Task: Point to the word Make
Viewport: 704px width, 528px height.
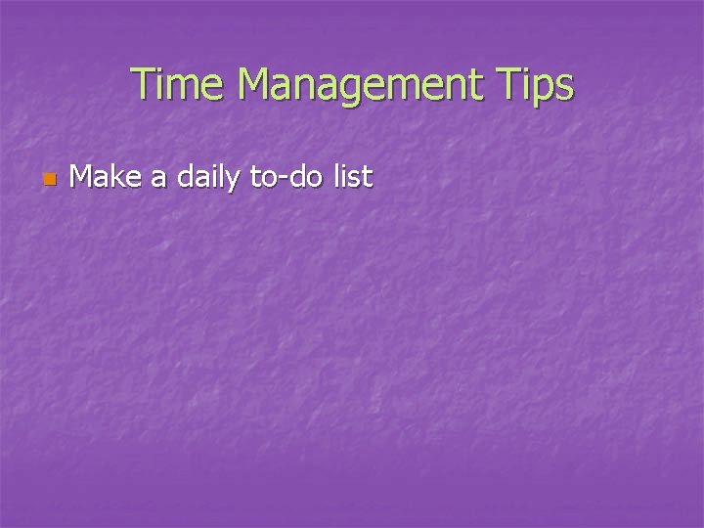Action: pyautogui.click(x=106, y=177)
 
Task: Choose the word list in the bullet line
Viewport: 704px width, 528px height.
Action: pyautogui.click(x=352, y=177)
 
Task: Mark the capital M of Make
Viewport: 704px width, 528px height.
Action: pyautogui.click(x=83, y=177)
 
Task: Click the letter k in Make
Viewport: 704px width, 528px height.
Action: pyautogui.click(x=118, y=177)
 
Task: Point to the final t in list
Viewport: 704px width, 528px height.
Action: pyautogui.click(x=368, y=177)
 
